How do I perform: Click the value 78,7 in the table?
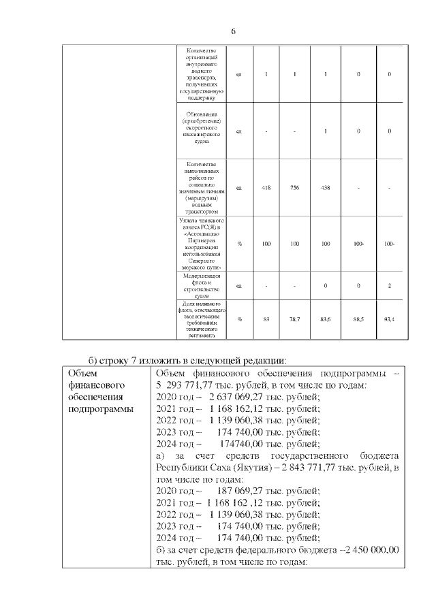pos(295,319)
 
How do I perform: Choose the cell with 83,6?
pos(325,319)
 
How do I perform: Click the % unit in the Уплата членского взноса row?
pos(239,243)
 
